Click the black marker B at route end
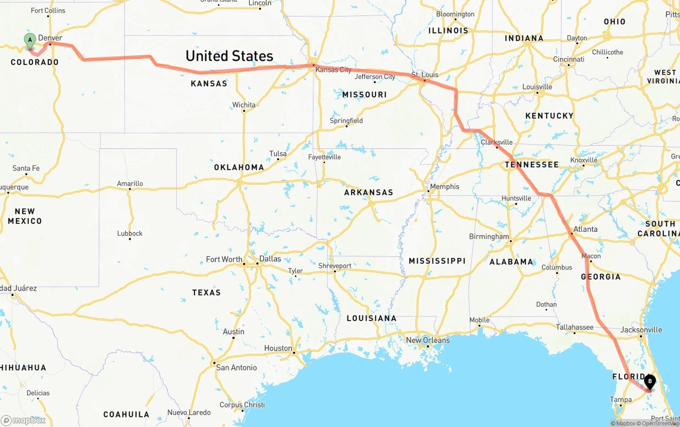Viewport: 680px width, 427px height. [650, 381]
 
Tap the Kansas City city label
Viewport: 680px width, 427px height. [333, 70]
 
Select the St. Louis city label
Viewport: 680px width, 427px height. [425, 74]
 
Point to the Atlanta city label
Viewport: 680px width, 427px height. [585, 229]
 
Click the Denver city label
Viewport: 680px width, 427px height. [50, 38]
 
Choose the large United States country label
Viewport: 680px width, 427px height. [229, 56]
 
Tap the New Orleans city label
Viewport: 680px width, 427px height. [428, 340]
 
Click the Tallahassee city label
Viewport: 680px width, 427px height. [574, 327]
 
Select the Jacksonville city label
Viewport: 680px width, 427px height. [641, 330]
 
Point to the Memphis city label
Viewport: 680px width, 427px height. [445, 187]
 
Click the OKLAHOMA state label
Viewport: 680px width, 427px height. [239, 167]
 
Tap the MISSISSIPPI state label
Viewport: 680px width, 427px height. [437, 261]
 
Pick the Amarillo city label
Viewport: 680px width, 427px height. [130, 183]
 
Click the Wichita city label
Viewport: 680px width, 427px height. [244, 105]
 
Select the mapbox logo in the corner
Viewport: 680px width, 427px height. [23, 420]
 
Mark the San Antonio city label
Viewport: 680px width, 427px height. [236, 367]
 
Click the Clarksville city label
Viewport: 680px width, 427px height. [497, 142]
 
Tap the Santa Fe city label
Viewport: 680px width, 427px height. [26, 168]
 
